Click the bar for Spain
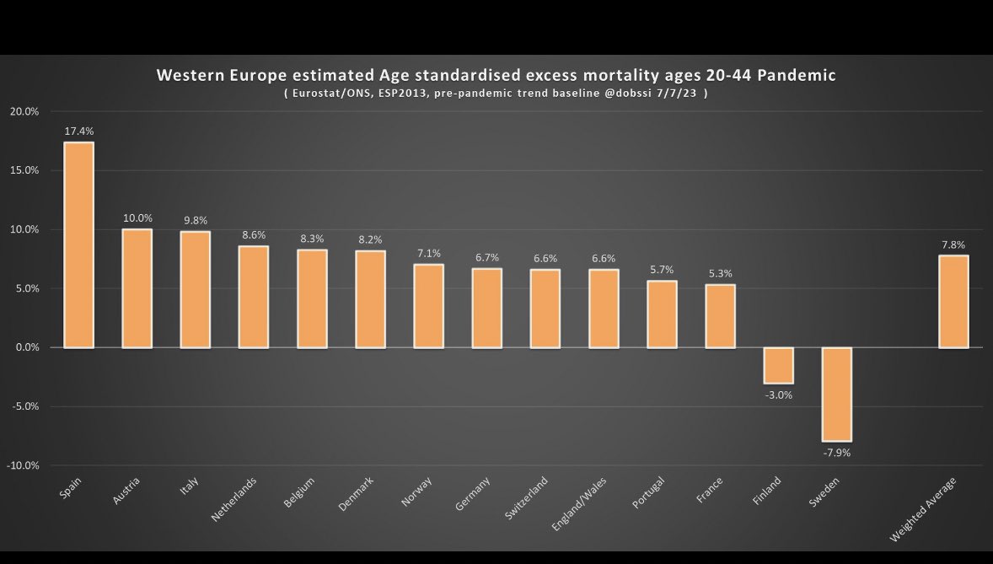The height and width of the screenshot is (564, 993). pyautogui.click(x=79, y=244)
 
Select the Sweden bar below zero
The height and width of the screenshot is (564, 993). pyautogui.click(x=837, y=394)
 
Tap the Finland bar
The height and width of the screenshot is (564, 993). pyautogui.click(x=779, y=365)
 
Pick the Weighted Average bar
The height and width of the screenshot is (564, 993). pyautogui.click(x=953, y=301)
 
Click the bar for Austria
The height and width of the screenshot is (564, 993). pyautogui.click(x=137, y=288)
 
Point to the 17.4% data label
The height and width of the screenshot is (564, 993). pyautogui.click(x=79, y=132)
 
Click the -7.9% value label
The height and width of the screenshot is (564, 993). pyautogui.click(x=837, y=453)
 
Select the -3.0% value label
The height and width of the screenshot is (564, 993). pyautogui.click(x=779, y=395)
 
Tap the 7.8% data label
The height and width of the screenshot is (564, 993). pyautogui.click(x=953, y=244)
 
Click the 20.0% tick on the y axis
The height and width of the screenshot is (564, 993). pyautogui.click(x=25, y=111)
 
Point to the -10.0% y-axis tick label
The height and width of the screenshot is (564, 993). pyautogui.click(x=23, y=465)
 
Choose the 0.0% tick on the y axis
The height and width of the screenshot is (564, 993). pyautogui.click(x=27, y=347)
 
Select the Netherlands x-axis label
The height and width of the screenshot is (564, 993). pyautogui.click(x=234, y=500)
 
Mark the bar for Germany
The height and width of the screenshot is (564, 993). pyautogui.click(x=487, y=308)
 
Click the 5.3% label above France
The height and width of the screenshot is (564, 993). pyautogui.click(x=721, y=273)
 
